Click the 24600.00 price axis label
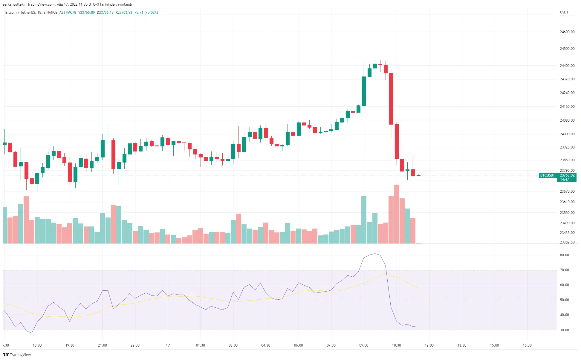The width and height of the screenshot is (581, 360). [567, 32]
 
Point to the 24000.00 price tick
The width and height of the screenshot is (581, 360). [567, 134]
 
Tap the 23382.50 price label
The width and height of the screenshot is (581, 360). [567, 242]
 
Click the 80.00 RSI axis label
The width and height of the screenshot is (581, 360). [564, 255]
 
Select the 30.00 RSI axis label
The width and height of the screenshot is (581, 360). [564, 330]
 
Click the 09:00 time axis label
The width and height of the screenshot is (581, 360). [364, 345]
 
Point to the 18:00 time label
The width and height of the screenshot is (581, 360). [37, 345]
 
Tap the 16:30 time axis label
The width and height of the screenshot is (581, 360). [527, 345]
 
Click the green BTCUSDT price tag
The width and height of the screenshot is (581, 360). [548, 175]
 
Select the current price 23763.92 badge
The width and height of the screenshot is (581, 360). [567, 175]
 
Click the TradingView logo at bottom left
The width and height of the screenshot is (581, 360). [17, 355]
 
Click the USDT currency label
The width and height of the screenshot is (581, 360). [564, 12]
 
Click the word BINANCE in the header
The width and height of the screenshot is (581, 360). [50, 13]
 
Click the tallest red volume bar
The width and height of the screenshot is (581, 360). [397, 214]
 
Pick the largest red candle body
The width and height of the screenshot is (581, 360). [391, 99]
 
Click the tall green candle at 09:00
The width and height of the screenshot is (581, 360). [364, 91]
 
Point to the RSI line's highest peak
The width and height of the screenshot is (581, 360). [375, 254]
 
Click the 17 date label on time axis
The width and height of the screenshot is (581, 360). [168, 345]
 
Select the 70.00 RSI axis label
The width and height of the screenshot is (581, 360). [564, 270]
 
